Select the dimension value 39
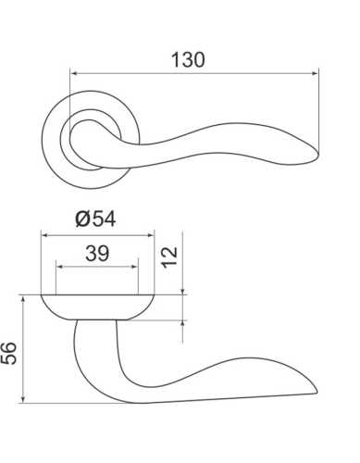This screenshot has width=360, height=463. [97, 252]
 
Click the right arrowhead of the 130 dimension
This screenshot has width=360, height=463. [315, 73]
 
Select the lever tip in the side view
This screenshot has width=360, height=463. [315, 391]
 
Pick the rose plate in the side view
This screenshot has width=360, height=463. [98, 306]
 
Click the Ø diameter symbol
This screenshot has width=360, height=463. [81, 219]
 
